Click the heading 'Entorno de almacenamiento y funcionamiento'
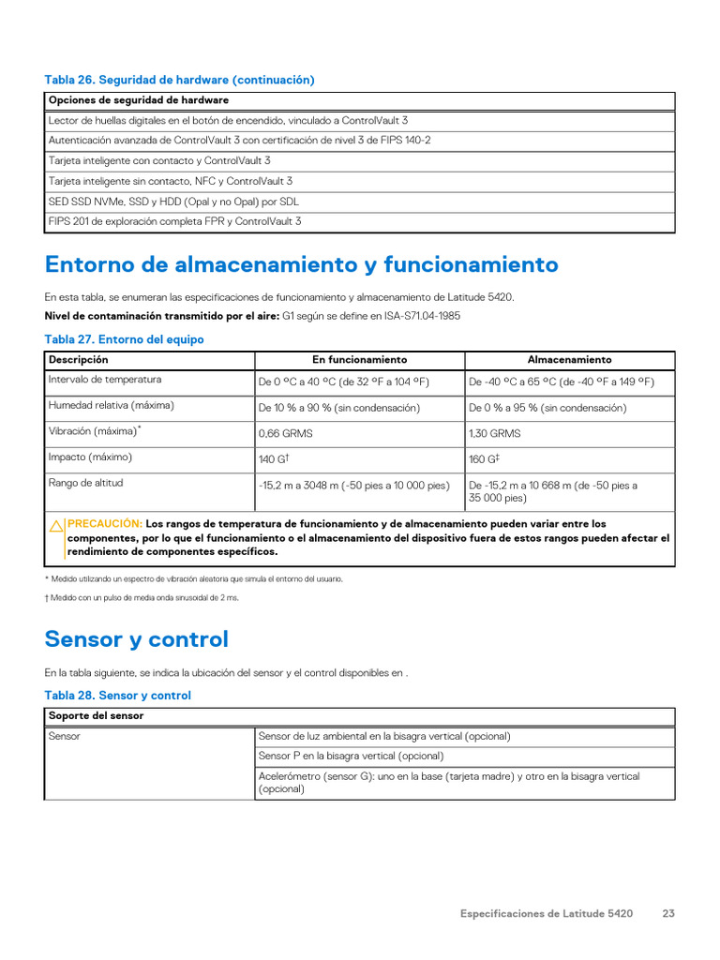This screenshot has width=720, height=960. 301,265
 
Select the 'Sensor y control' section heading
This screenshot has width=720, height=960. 136,639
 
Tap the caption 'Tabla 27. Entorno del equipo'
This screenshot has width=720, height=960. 124,339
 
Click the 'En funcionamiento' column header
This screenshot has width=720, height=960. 359,360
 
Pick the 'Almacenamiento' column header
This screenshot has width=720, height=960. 569,360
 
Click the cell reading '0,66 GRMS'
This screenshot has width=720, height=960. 286,434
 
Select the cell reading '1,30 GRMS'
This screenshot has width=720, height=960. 494,434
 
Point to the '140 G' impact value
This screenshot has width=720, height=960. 273,459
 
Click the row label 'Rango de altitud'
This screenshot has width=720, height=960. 85,484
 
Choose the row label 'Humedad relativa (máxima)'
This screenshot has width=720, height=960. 111,406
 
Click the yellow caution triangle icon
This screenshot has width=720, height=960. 56,526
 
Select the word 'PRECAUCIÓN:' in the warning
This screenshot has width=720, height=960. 105,524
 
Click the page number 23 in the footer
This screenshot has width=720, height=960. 668,913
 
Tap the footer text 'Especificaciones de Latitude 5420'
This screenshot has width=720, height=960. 546,913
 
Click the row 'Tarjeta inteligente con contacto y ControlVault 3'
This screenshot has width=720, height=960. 159,161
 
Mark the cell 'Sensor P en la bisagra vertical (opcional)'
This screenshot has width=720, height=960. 351,756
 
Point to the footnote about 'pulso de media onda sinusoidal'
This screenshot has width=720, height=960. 142,597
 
